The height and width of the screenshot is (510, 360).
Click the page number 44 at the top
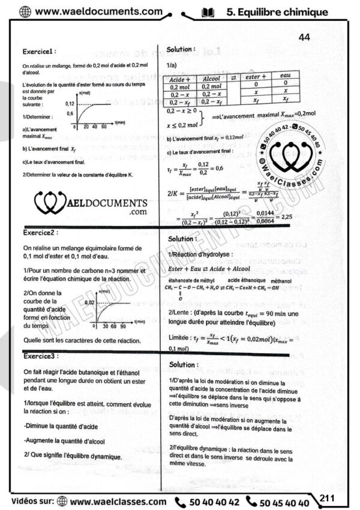click(x=304, y=37)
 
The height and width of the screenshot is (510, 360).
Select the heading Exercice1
click(x=39, y=52)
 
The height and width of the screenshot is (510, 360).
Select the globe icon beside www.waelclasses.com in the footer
click(x=60, y=502)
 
